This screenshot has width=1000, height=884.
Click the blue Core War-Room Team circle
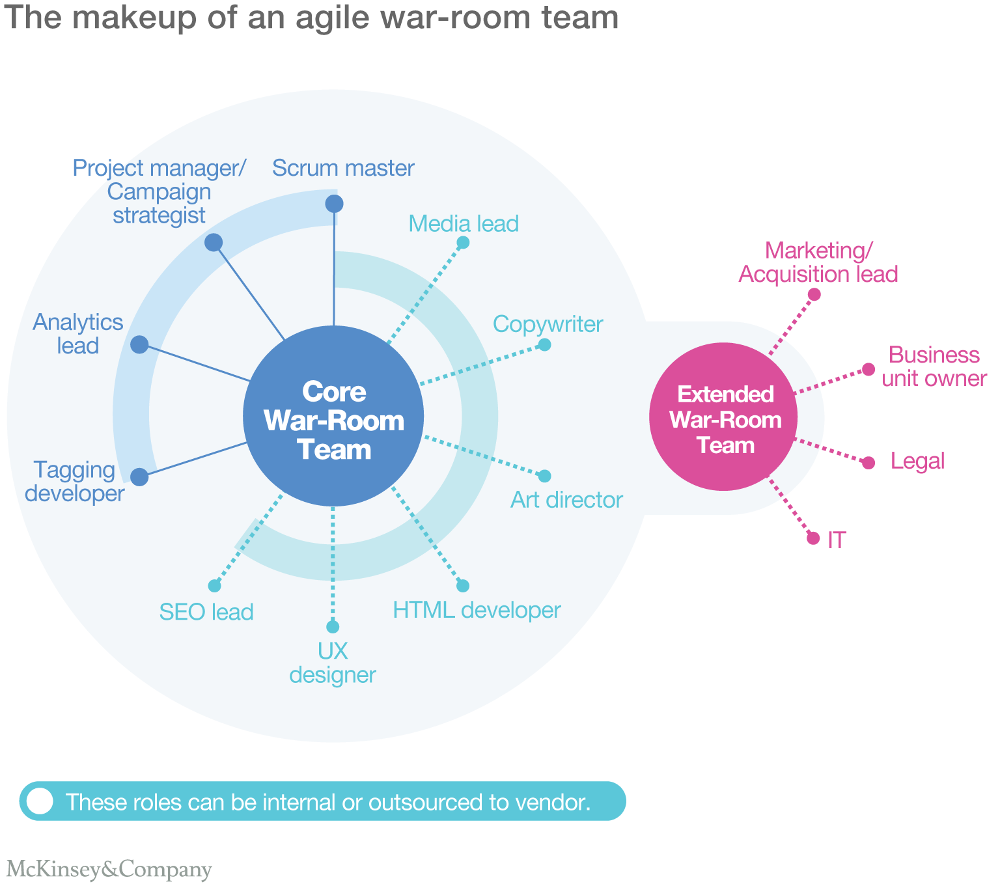point(333,417)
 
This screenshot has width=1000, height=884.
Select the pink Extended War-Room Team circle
point(724,417)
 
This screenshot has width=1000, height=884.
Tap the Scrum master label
point(343,168)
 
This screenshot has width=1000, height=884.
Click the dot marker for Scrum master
point(334,204)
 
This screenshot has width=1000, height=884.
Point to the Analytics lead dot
point(139,344)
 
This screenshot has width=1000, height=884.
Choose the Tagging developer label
point(74,482)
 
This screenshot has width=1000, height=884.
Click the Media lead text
point(464,224)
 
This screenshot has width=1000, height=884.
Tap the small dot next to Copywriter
point(545,345)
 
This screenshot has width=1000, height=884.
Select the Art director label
point(566,500)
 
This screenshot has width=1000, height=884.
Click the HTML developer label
point(477,611)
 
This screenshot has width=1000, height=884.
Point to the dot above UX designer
point(333,627)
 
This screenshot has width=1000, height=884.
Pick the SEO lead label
point(206,613)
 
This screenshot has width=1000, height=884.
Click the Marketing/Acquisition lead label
point(818,262)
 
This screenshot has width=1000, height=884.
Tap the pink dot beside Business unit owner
point(868,370)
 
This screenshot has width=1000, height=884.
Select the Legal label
point(917,462)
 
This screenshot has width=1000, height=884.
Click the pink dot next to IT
point(813,538)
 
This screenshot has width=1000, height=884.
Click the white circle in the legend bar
point(40,801)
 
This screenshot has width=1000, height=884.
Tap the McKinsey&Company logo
point(109,870)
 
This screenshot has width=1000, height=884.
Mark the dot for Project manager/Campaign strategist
point(214,243)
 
